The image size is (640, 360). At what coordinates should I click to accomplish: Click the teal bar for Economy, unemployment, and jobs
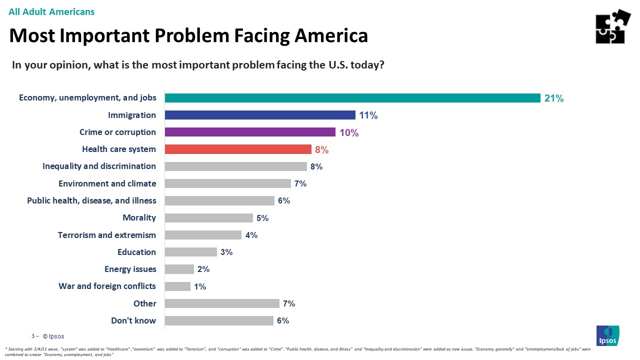pos(352,98)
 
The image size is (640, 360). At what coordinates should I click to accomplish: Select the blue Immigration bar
pos(260,115)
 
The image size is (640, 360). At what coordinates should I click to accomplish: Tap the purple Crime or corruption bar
pos(250,132)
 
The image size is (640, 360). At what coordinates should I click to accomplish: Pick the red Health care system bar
pos(238,149)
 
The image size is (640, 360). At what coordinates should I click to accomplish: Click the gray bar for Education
pos(190,252)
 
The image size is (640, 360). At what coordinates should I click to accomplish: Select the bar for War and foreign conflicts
pos(177,286)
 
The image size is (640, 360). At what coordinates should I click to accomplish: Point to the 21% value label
pos(554,98)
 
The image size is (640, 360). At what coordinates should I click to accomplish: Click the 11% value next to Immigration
pos(368,115)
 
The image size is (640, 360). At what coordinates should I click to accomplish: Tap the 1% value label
pos(200,286)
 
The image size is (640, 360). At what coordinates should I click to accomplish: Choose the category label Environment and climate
pos(107,183)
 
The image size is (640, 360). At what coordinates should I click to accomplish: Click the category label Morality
pos(139,217)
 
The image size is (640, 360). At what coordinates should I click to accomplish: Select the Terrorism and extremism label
pos(106,235)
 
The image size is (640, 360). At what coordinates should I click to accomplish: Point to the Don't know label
pos(133,320)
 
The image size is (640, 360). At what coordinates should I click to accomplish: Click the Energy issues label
pos(130,269)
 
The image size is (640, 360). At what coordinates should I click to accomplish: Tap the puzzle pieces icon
pos(613,26)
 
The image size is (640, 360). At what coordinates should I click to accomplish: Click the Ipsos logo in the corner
pos(607,335)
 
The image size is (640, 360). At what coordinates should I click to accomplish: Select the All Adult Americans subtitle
pos(51,11)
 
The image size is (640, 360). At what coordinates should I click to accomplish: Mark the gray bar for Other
pos(222,303)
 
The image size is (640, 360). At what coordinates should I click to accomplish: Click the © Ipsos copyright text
pos(53,336)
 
